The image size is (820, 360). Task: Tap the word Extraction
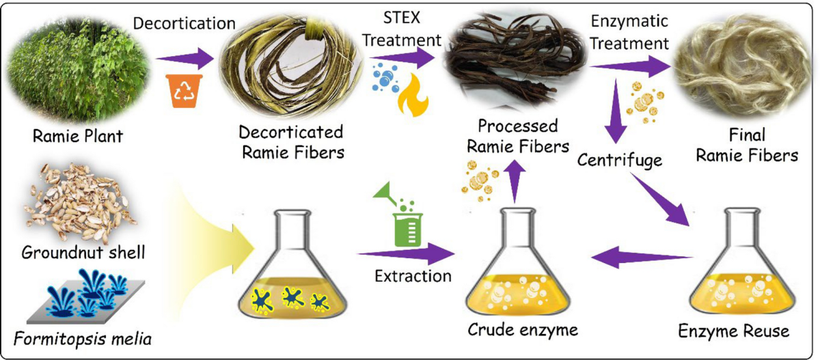pos(413,277)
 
